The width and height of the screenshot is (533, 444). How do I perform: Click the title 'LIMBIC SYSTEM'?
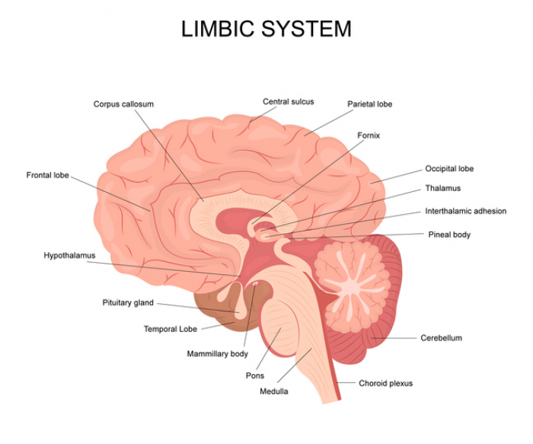point(266,29)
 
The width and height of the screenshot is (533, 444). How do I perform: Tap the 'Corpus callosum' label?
point(123,104)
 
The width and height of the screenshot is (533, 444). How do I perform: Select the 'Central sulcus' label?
point(288,101)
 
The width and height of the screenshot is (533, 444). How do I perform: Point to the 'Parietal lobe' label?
point(369,104)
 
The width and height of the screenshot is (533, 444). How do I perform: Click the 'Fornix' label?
point(369,136)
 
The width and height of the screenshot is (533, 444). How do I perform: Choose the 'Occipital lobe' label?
point(449,169)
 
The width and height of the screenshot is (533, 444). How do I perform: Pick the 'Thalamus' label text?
point(442,188)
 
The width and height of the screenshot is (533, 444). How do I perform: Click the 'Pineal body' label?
point(449,235)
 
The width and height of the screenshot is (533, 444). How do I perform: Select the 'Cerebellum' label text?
point(441,337)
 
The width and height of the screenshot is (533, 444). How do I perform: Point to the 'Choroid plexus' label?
point(385,383)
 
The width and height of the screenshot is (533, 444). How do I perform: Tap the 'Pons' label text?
point(254,375)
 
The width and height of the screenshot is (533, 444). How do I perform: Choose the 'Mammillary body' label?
point(217,354)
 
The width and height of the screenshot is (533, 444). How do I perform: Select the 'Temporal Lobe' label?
point(171,329)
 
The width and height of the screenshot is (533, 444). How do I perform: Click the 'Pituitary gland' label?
point(128,302)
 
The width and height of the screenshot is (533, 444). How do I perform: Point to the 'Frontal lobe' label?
point(47,175)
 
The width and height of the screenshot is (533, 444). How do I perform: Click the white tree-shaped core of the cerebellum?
point(352,275)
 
